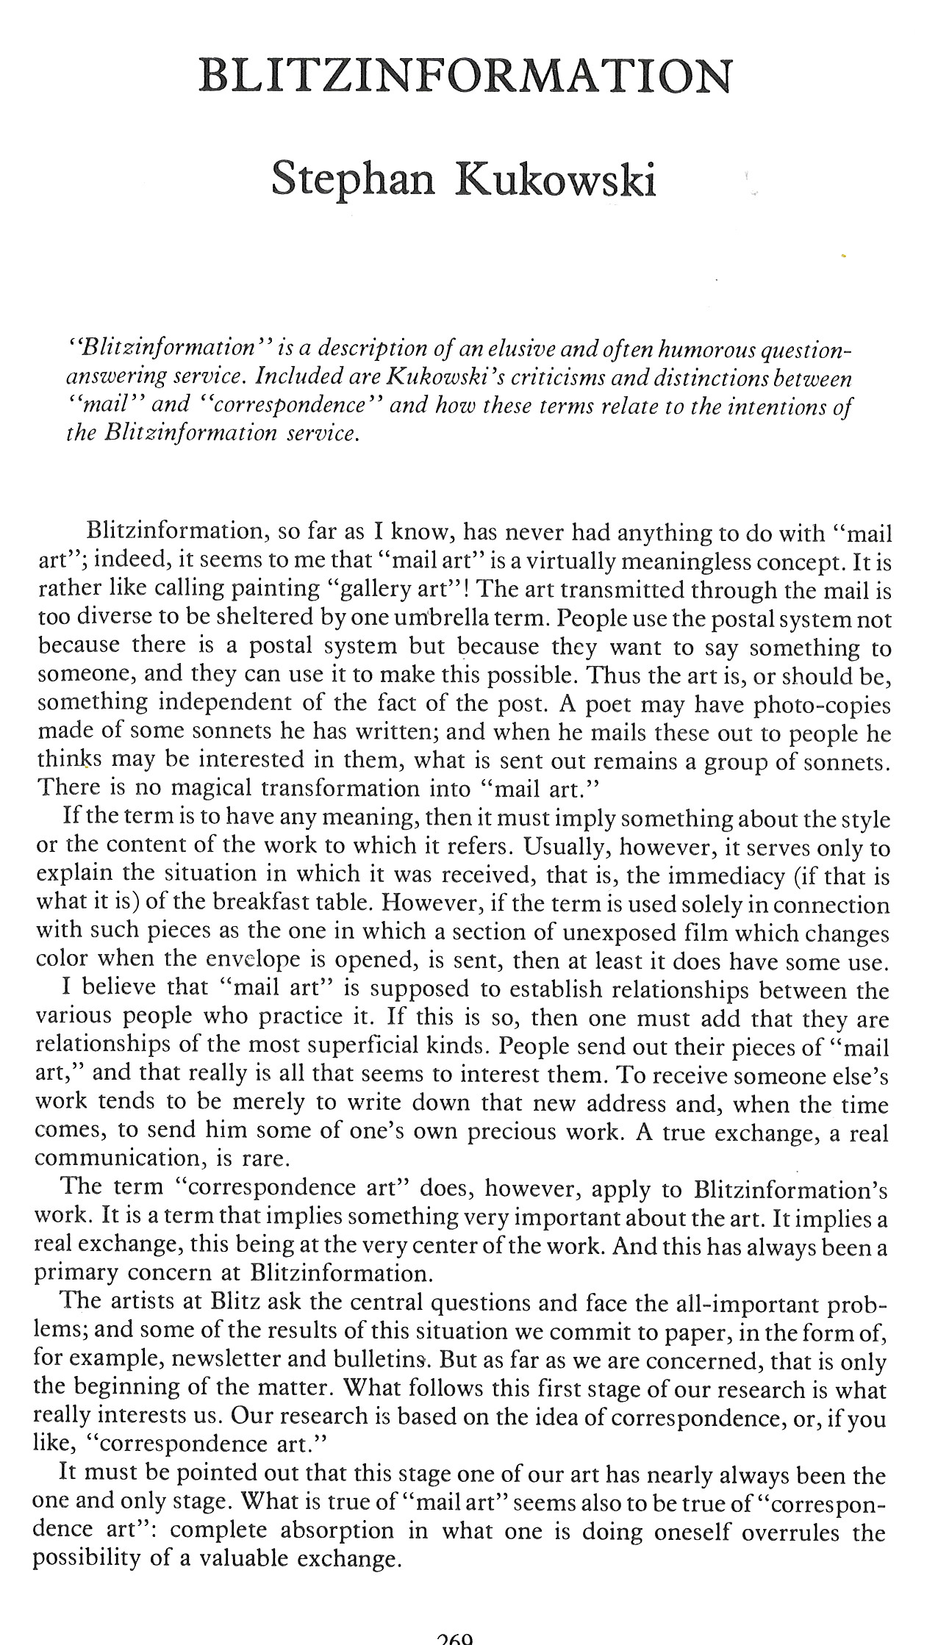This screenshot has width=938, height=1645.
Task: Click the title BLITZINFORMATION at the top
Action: pyautogui.click(x=466, y=76)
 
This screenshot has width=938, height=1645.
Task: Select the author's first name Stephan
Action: pyautogui.click(x=353, y=179)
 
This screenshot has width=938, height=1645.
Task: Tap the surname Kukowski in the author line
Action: pyautogui.click(x=555, y=179)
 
